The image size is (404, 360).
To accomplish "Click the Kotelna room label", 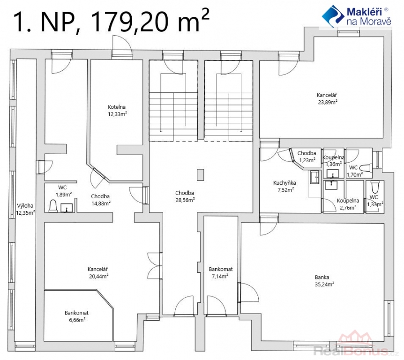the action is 117,107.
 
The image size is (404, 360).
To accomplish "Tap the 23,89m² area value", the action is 328,102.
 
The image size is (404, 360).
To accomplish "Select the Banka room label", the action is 322,277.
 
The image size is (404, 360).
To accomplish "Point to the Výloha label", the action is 25,206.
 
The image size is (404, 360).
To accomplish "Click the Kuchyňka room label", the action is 284,183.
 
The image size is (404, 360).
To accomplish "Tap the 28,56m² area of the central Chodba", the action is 185,200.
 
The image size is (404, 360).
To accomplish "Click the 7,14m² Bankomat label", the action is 221,273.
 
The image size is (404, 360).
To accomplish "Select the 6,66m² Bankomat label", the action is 76,316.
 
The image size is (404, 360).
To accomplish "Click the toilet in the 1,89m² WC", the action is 53,206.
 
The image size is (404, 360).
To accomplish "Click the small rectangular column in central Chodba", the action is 201,175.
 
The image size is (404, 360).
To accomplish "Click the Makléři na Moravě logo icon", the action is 333,16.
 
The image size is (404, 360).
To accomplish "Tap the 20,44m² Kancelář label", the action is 97,273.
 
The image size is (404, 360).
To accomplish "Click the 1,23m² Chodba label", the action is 307,157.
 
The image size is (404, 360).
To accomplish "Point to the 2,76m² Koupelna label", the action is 348,204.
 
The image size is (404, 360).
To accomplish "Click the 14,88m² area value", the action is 101,203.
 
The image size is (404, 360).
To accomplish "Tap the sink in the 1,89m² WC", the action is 67,208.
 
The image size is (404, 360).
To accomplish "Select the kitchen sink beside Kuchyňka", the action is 314,177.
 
